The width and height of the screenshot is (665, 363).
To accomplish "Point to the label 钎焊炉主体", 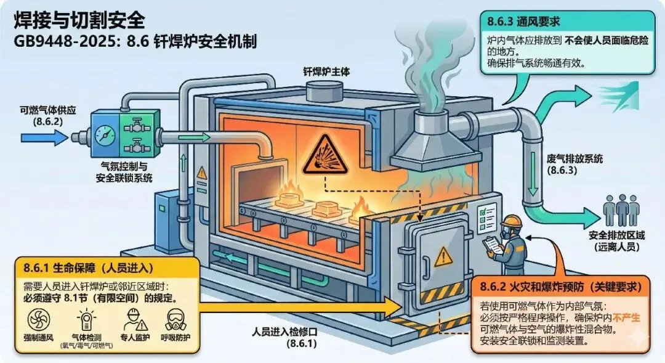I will point(326,71).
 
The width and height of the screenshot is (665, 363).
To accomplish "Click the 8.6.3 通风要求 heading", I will point(523,22).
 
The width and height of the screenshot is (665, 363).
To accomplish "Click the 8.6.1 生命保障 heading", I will point(89,268).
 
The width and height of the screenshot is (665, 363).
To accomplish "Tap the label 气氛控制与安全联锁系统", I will point(119,172).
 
